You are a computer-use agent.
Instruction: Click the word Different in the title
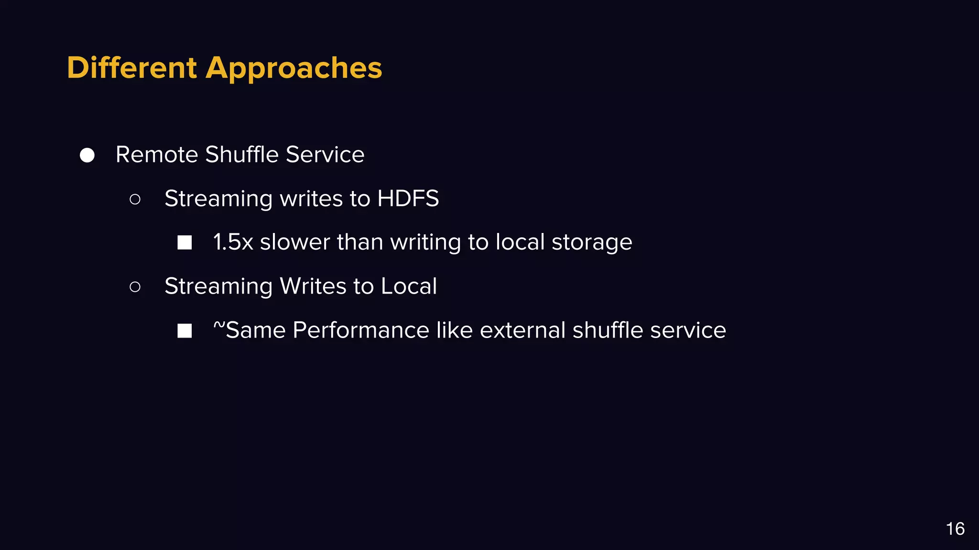pos(131,68)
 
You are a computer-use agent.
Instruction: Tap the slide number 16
pos(955,529)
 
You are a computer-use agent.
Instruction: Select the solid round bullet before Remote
pos(87,155)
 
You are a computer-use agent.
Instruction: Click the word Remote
pos(157,155)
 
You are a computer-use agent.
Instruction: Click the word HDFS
pos(408,199)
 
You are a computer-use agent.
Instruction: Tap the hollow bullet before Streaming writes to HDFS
pos(135,199)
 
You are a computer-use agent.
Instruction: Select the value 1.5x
pos(233,242)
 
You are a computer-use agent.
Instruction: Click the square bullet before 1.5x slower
pos(185,243)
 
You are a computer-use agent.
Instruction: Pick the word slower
pos(294,242)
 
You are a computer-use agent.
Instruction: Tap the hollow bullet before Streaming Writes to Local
pos(135,287)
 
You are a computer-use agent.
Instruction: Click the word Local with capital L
pos(409,286)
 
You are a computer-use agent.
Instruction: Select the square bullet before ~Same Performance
pos(185,331)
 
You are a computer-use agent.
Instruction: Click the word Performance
pos(361,330)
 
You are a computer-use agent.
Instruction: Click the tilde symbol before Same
pos(218,325)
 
